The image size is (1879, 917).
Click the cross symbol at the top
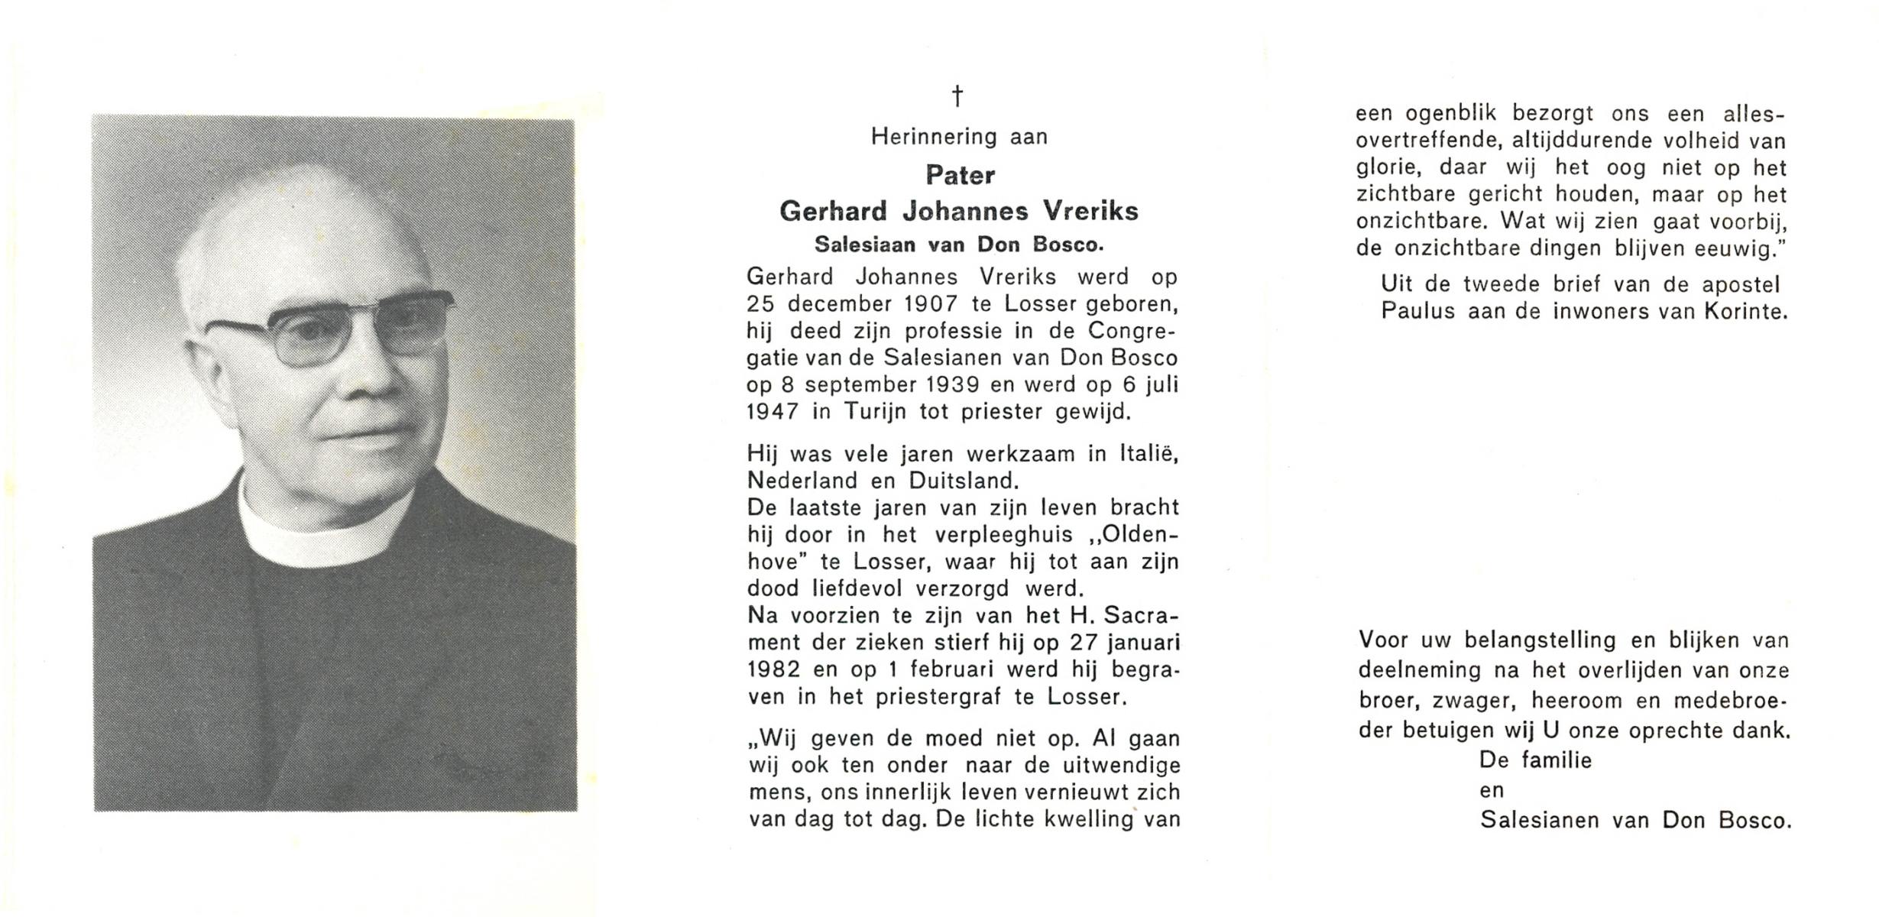pos(957,97)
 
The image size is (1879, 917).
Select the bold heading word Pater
pos(960,176)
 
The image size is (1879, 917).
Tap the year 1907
pos(931,304)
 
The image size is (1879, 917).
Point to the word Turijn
pos(875,412)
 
